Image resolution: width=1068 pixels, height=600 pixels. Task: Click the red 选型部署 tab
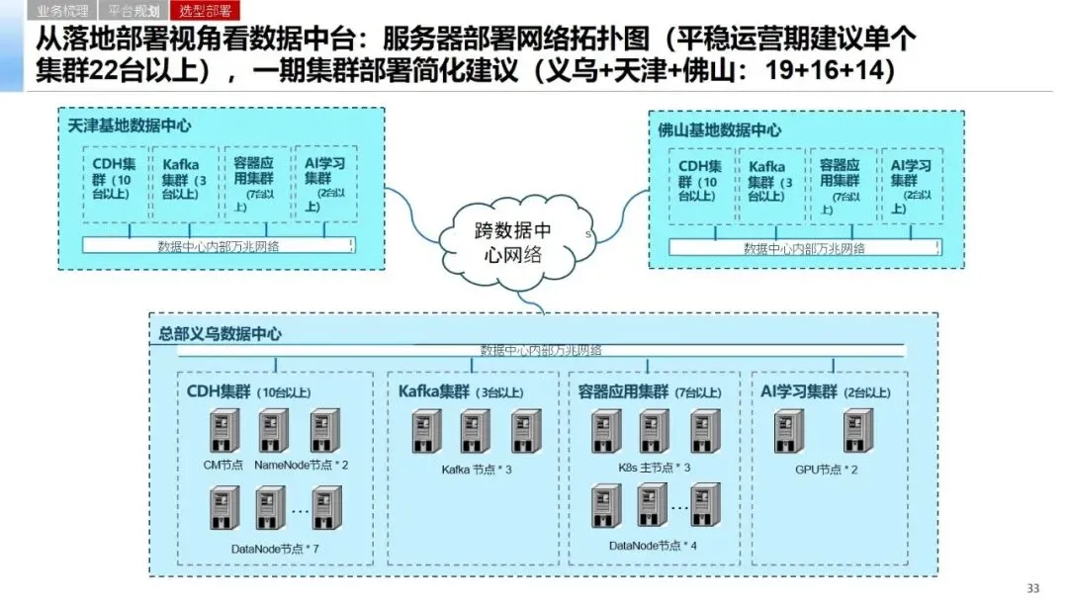coord(205,12)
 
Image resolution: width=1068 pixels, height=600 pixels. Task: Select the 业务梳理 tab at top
coord(62,12)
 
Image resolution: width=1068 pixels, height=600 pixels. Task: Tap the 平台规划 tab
coord(133,12)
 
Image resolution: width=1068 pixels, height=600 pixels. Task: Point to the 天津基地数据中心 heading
coord(130,127)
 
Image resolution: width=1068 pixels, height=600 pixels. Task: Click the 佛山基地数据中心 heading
coord(720,129)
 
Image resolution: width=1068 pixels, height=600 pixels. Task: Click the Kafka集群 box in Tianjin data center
coord(185,184)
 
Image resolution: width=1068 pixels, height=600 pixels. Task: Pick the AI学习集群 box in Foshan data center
coord(911,186)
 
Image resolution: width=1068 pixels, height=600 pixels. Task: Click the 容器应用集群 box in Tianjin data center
coord(255,184)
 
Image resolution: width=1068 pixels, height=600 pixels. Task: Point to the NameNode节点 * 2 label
coord(301,465)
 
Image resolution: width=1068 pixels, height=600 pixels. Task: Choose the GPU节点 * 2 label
coord(826,469)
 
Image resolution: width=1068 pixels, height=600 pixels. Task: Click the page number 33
coord(1033,588)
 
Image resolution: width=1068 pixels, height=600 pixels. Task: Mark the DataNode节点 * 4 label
coord(653,546)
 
